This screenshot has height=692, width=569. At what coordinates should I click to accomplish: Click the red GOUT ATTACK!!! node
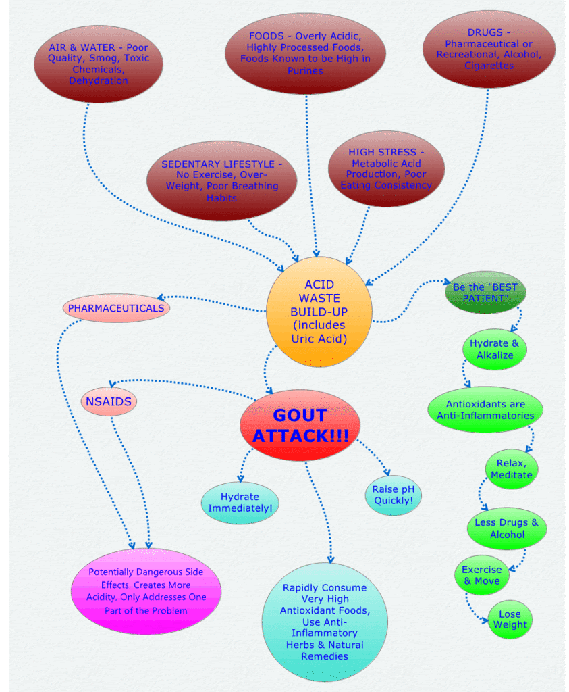click(300, 425)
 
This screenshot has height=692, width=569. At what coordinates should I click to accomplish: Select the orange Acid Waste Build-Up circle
click(319, 312)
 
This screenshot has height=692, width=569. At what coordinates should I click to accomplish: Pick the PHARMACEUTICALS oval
click(116, 308)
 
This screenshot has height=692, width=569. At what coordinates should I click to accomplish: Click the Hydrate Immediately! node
click(240, 503)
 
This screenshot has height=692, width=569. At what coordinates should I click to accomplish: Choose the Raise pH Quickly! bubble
click(393, 495)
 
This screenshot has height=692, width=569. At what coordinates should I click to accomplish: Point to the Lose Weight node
click(510, 619)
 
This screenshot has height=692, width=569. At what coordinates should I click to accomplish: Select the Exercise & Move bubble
click(482, 575)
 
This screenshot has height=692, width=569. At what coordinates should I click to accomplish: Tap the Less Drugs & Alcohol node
click(506, 528)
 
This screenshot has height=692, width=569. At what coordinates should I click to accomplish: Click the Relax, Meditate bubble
click(511, 469)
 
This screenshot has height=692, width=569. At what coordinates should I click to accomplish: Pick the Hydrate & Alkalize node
click(494, 349)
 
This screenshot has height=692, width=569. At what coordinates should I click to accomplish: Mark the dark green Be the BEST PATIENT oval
click(485, 292)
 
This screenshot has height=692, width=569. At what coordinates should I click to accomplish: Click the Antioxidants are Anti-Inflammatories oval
click(485, 410)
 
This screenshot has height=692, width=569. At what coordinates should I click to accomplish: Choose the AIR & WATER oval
click(99, 64)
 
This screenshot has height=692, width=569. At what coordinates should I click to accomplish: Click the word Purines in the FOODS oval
click(305, 70)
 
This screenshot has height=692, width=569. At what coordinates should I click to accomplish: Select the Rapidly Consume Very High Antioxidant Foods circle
click(325, 622)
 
